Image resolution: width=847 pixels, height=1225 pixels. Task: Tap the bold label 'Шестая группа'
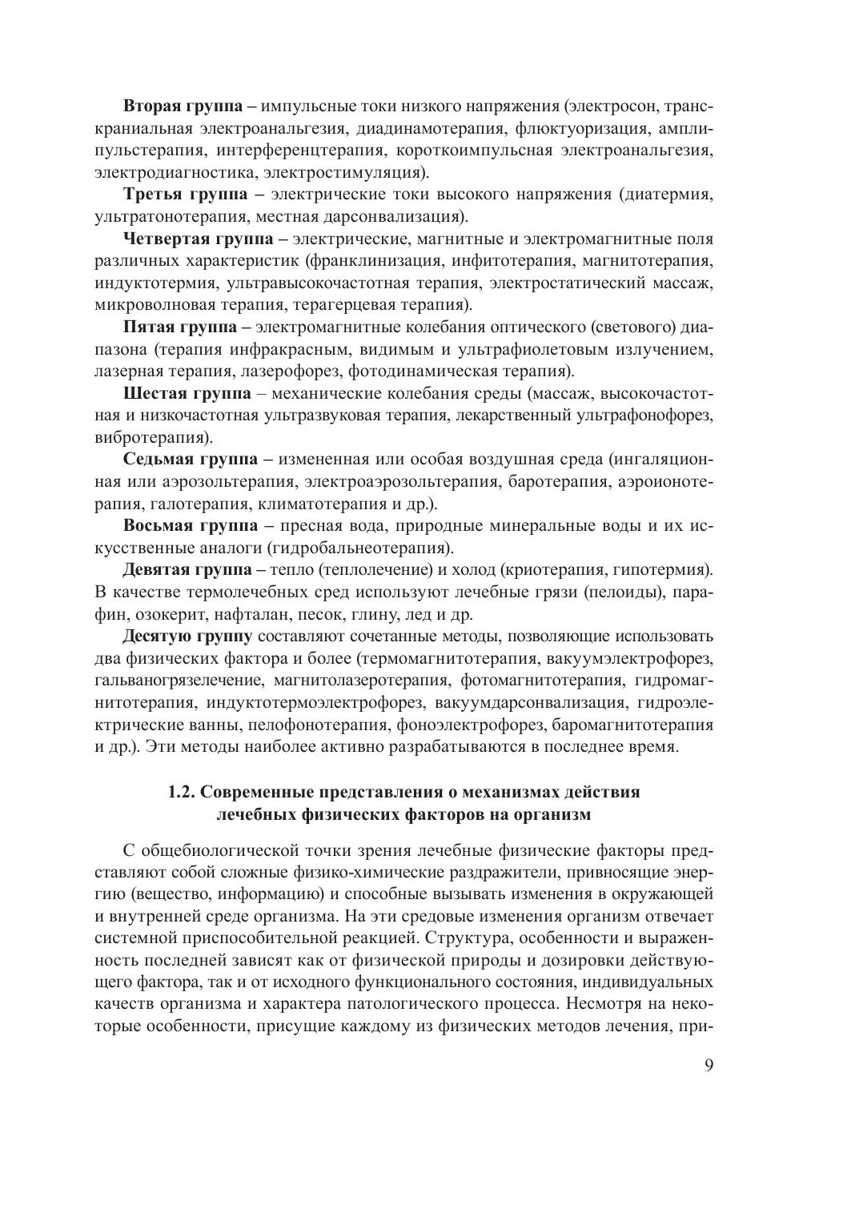tap(188, 393)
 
